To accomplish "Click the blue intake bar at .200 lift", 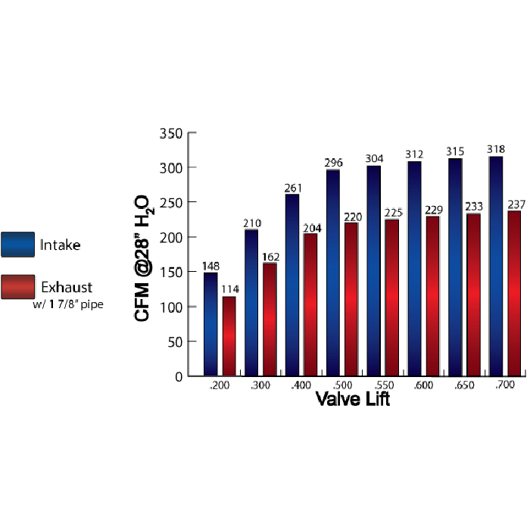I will tap(210, 324).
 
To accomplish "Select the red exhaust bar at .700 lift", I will tap(514, 293).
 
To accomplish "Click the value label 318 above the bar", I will tap(496, 149).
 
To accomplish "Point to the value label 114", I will tap(229, 289).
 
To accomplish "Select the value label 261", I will tap(292, 187).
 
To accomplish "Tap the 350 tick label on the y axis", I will tap(171, 133).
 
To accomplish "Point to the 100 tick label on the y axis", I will tap(171, 307).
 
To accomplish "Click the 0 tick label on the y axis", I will tap(179, 376).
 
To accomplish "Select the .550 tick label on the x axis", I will tap(382, 386).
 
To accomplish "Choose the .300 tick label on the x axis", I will tap(260, 386).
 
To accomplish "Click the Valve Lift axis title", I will tap(352, 399).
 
